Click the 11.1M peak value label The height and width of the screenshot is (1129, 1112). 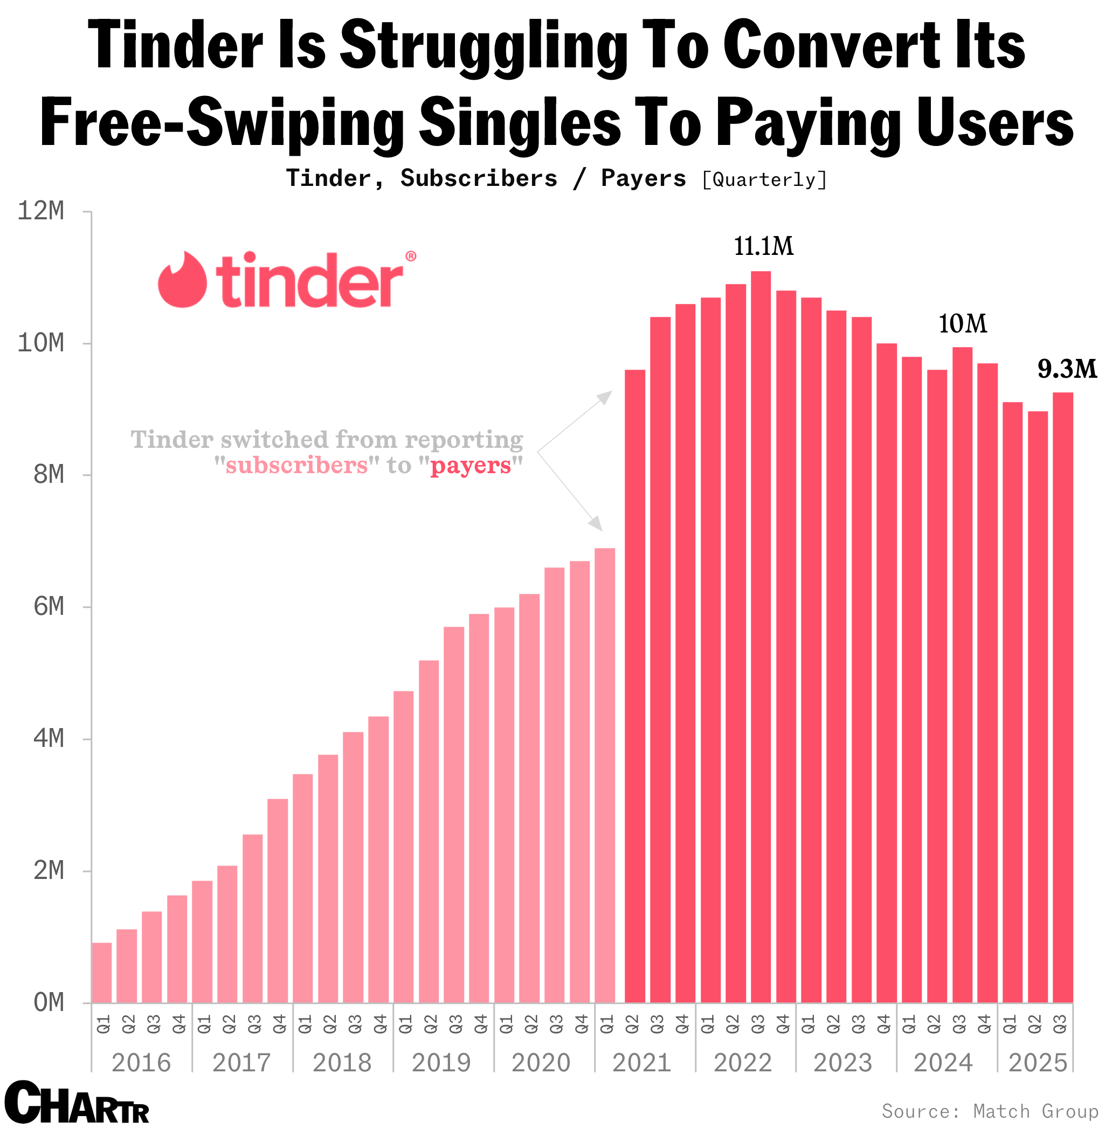pos(763,246)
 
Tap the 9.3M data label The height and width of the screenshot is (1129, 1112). pos(1066,369)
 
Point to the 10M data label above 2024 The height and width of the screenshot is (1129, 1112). pos(962,324)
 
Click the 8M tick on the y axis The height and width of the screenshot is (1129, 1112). pos(49,475)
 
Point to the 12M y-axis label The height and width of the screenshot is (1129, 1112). pos(40,211)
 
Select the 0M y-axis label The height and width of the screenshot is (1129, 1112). pos(49,1003)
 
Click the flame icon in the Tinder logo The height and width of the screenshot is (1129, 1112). pos(182,280)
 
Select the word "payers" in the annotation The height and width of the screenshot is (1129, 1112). pos(471,466)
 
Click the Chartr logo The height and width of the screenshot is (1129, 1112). pos(76,1103)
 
